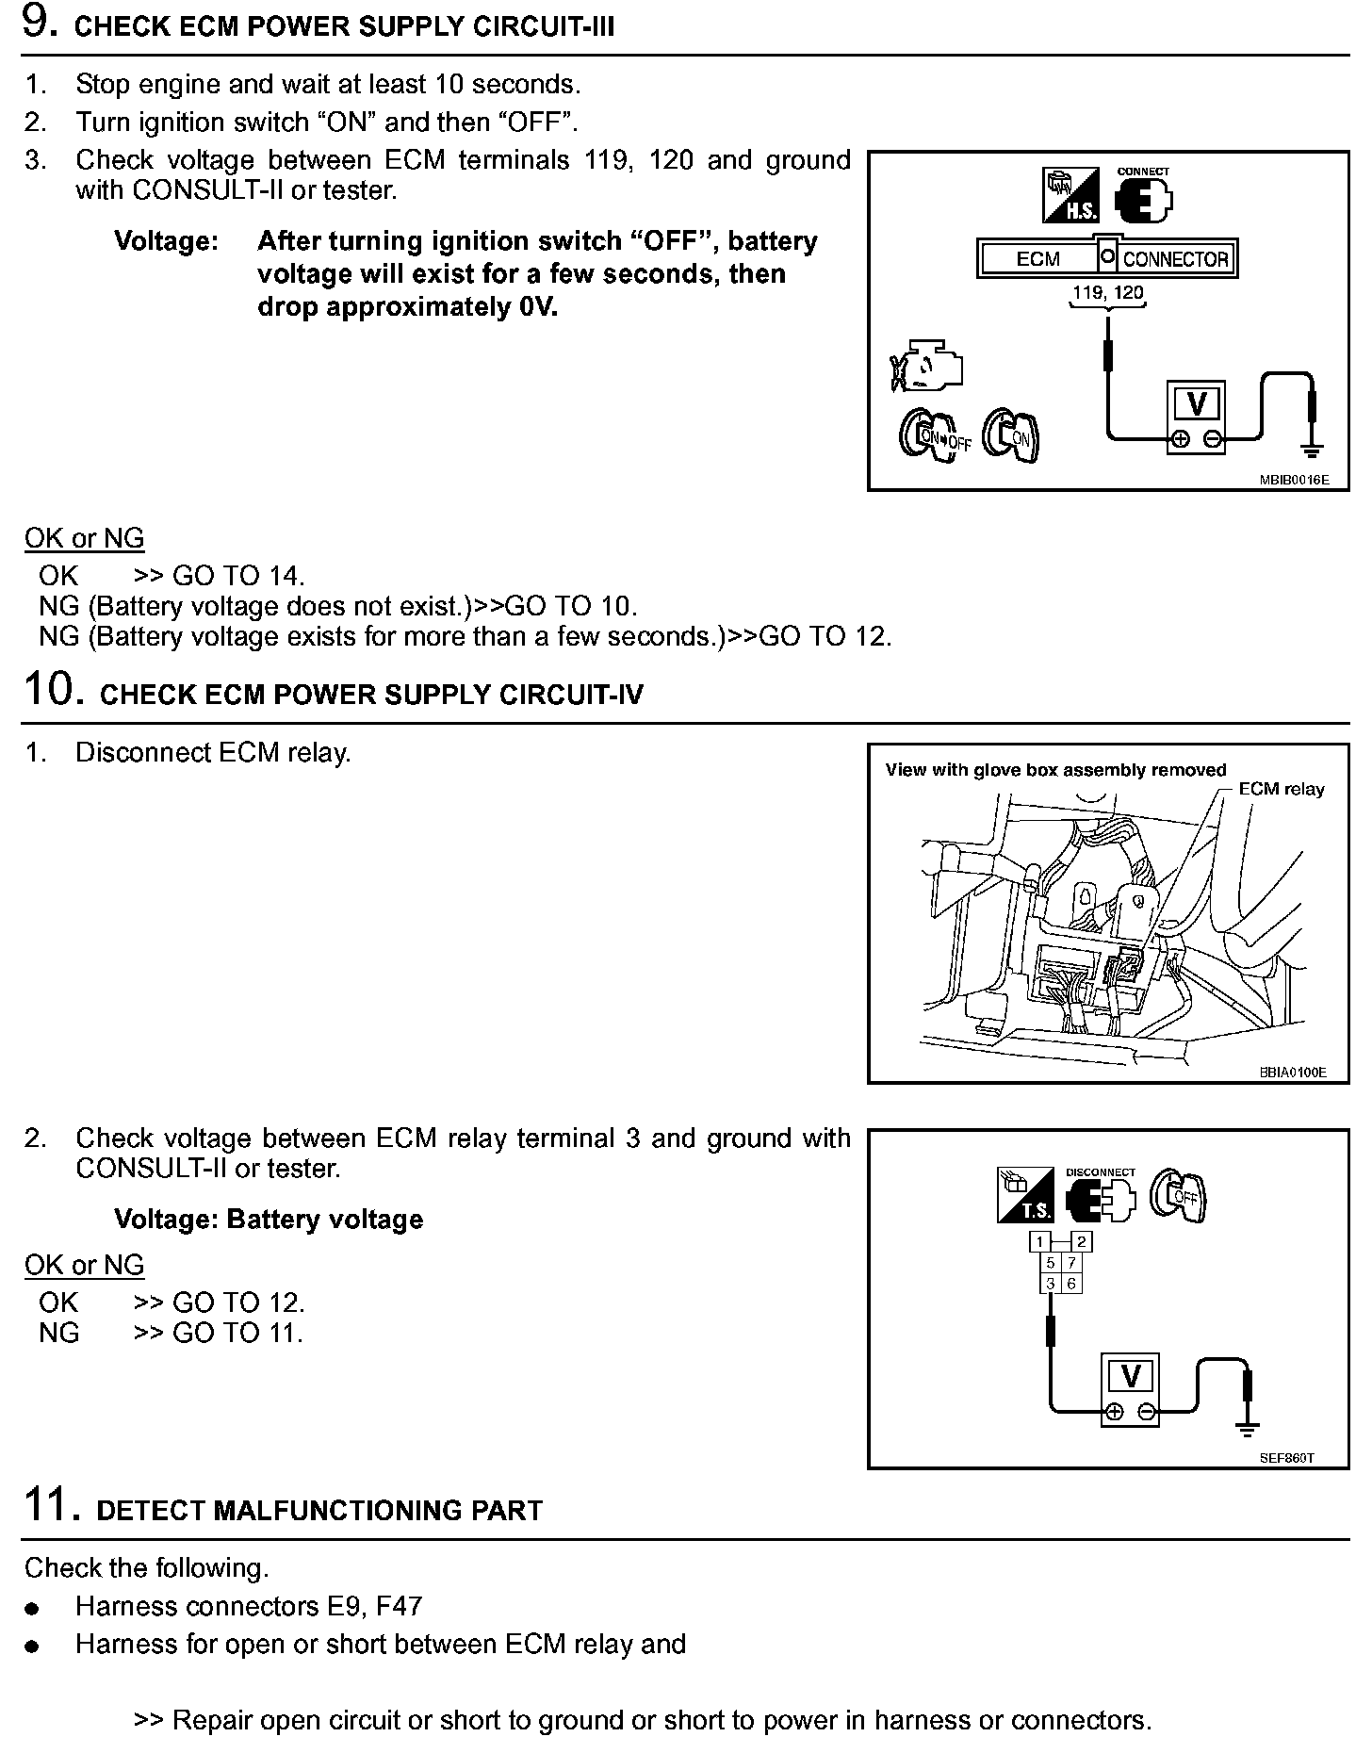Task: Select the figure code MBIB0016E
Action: pyautogui.click(x=1294, y=480)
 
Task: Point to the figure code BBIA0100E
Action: pyautogui.click(x=1292, y=1073)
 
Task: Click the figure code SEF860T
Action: pyautogui.click(x=1286, y=1458)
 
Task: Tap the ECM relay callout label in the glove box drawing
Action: pyautogui.click(x=1282, y=789)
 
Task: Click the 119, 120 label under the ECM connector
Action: pyautogui.click(x=1108, y=292)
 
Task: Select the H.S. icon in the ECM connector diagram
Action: pyautogui.click(x=1071, y=195)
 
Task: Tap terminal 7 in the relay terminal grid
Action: pyautogui.click(x=1071, y=1263)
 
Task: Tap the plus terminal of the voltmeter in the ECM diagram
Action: pyautogui.click(x=1179, y=438)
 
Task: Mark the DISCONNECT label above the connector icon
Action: pyautogui.click(x=1101, y=1172)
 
